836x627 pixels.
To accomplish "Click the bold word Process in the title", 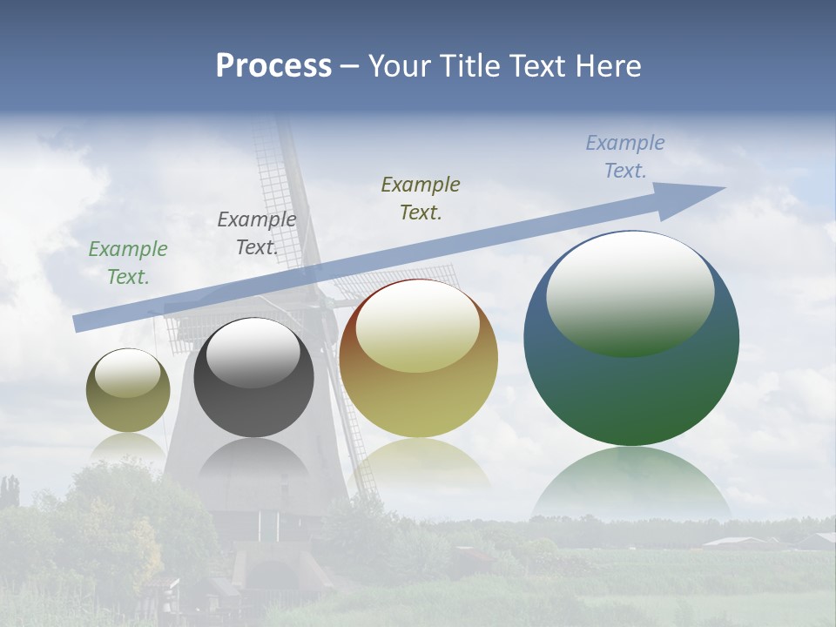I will tap(273, 66).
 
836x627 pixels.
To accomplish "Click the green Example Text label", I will tap(128, 263).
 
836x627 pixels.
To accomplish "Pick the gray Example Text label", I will tap(257, 233).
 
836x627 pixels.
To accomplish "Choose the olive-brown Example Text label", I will tap(421, 199).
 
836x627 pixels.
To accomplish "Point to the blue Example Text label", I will tap(625, 157).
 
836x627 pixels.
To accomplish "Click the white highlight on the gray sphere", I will tap(253, 353).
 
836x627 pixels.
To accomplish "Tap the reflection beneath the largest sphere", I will tap(631, 483).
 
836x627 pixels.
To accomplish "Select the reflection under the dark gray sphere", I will tap(253, 462).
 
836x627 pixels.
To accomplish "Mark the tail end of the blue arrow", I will tap(78, 323).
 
